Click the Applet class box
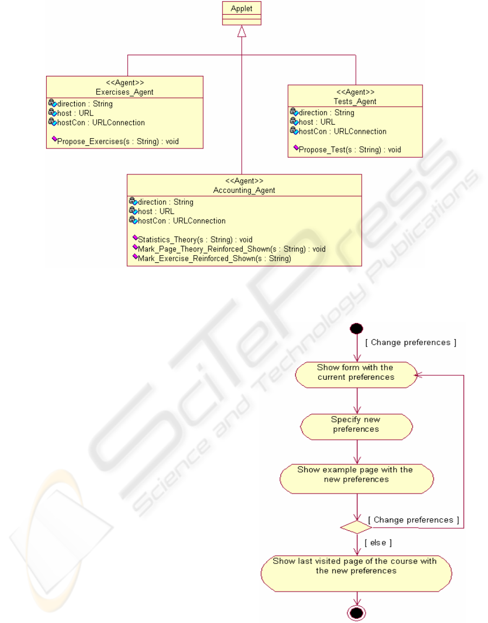[242, 13]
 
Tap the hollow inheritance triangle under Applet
[242, 31]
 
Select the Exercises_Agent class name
[125, 92]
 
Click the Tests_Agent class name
[355, 101]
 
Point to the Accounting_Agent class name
[244, 190]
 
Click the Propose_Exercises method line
[115, 141]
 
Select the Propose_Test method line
[347, 150]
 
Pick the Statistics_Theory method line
[192, 239]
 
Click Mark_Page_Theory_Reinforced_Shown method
[229, 249]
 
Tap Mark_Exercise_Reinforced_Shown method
[212, 258]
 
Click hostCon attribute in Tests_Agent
[338, 132]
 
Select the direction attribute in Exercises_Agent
[80, 103]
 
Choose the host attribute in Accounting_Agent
[152, 211]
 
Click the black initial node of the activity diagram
[356, 329]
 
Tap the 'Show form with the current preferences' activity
[356, 375]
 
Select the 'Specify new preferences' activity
[356, 427]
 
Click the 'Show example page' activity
[356, 479]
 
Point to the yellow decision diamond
[356, 527]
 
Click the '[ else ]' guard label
[378, 543]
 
